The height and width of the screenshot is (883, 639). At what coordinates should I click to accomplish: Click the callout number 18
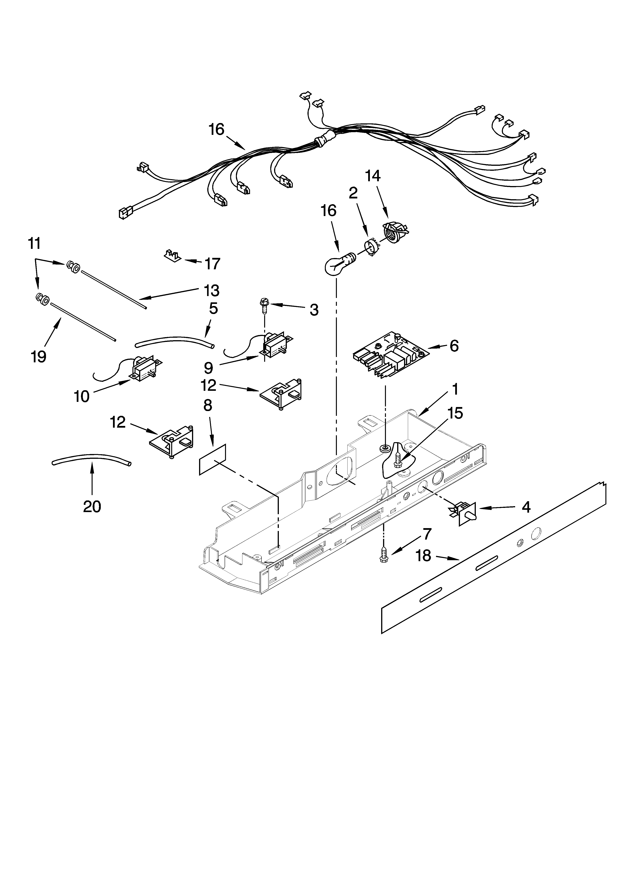click(423, 556)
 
